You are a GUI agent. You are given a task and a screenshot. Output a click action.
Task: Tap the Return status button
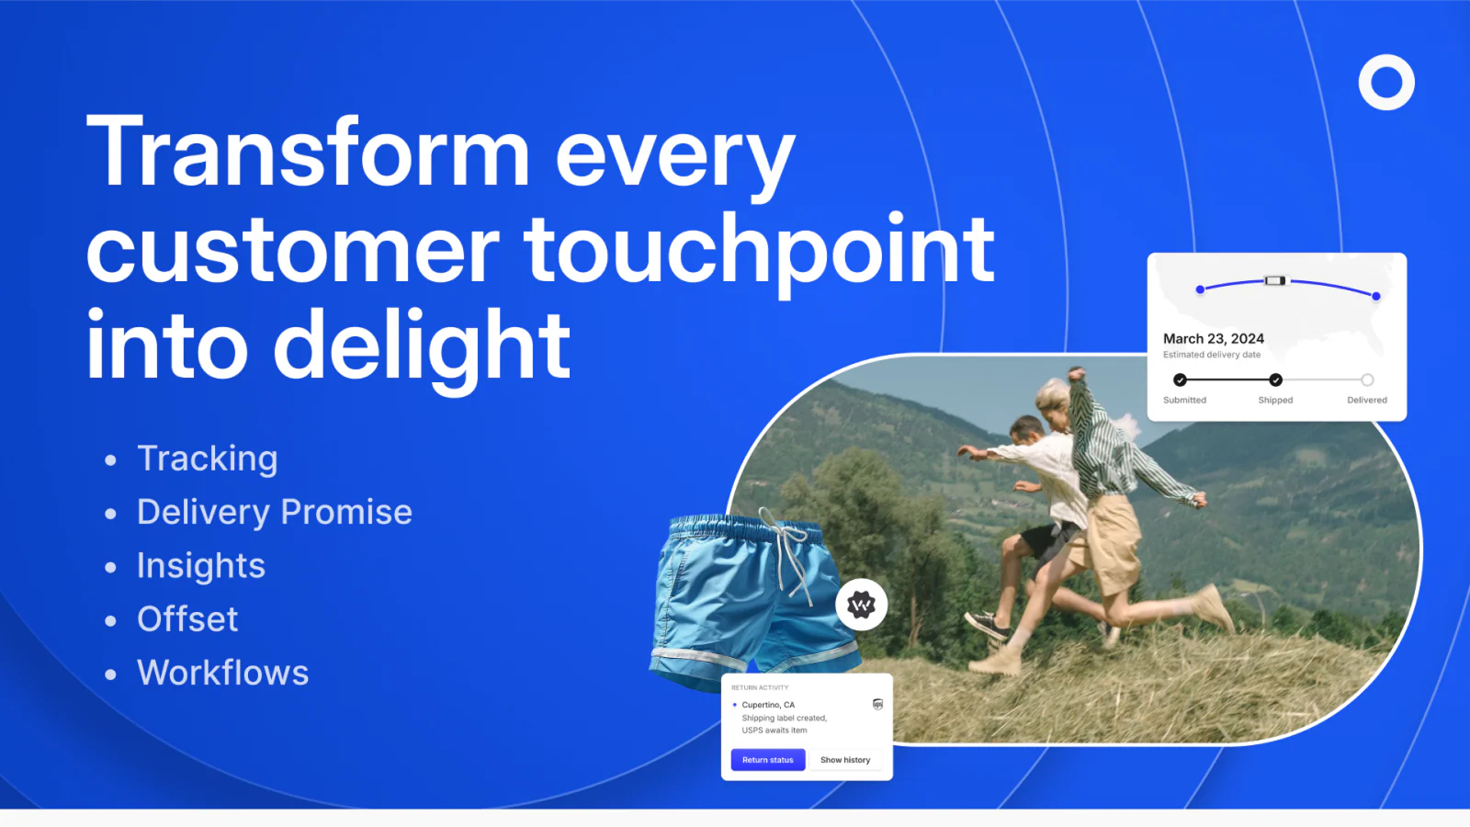[768, 759]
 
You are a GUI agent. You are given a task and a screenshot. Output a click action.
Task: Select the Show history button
[845, 759]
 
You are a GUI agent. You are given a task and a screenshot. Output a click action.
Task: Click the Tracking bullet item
[208, 459]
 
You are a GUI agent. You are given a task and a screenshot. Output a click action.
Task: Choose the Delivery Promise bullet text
[275, 512]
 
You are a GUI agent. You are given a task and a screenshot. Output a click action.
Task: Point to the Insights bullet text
[201, 566]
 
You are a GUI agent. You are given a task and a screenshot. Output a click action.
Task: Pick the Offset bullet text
[187, 619]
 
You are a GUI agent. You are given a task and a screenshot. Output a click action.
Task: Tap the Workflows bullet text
[223, 673]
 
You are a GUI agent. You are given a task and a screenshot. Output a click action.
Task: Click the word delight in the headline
[422, 346]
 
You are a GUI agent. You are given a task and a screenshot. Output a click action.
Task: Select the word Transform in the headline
[308, 152]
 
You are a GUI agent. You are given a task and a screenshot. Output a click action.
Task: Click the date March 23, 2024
[1214, 339]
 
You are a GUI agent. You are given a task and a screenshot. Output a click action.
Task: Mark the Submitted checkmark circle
[1180, 380]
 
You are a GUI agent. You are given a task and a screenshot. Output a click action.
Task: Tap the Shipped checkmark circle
[1275, 380]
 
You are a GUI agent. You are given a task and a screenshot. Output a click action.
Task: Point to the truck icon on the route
[1275, 281]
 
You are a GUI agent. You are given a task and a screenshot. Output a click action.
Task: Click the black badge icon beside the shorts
[861, 605]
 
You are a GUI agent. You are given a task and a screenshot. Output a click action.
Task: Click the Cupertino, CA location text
[768, 704]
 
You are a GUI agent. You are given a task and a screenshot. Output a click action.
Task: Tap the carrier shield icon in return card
[877, 704]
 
